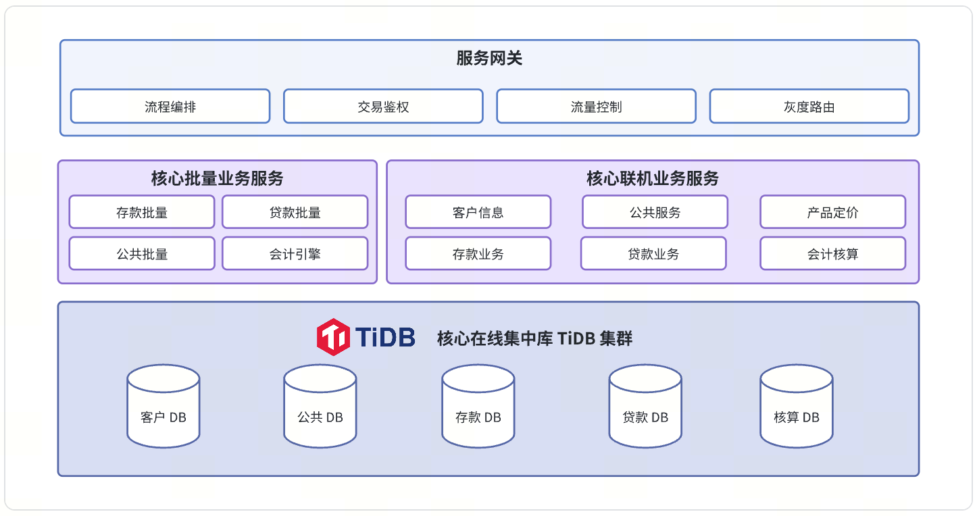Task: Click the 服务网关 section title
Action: tap(489, 59)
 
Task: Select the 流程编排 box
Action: tap(170, 107)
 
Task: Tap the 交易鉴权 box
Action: tap(383, 107)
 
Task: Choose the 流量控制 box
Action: tap(596, 107)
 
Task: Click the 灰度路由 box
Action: tap(809, 107)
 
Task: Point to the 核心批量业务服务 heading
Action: tap(217, 178)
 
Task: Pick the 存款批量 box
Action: tap(142, 213)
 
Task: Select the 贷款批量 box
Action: tap(295, 213)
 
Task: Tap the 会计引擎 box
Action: tap(295, 254)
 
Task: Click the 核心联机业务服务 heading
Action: tap(652, 178)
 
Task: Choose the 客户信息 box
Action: tap(478, 213)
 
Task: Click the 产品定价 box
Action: tap(832, 213)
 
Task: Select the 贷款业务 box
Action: tap(653, 254)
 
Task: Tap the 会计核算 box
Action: tap(832, 254)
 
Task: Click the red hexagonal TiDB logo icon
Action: tap(333, 336)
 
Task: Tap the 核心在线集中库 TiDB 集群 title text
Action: tap(534, 338)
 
